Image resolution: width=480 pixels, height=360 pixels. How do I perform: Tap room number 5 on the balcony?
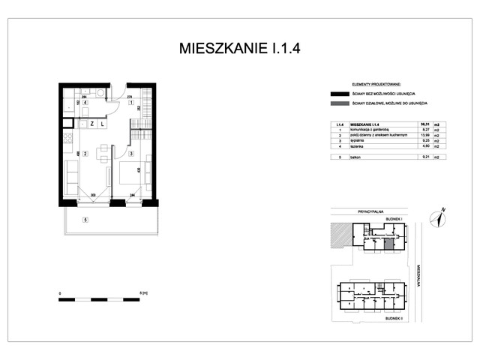point(85,220)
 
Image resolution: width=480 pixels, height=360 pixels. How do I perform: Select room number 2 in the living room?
point(85,154)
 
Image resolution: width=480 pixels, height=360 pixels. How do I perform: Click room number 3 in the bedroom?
point(130,154)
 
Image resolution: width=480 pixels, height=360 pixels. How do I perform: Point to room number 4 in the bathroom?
point(85,102)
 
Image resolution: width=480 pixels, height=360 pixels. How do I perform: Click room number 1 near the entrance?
point(130,102)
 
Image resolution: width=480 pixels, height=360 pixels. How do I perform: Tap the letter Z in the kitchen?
point(91,124)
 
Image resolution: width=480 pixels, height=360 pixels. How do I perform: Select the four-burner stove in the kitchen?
point(67,138)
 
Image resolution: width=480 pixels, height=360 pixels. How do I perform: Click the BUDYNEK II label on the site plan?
point(393,318)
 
